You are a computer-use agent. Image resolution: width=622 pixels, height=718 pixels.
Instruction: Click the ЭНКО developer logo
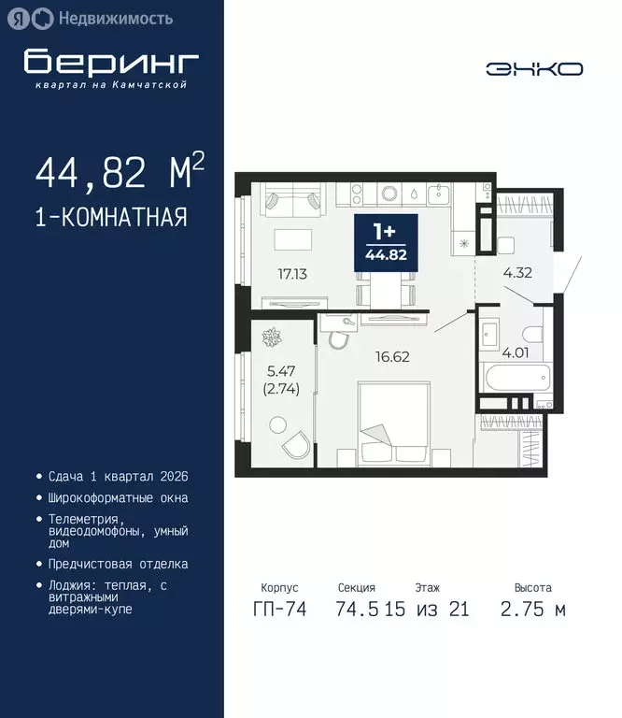pos(534,68)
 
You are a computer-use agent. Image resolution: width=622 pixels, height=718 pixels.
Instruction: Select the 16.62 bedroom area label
pos(392,356)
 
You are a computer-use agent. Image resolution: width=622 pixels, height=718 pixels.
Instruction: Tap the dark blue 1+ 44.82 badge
pos(385,244)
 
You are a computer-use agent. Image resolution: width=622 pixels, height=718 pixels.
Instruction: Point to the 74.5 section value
pos(357,610)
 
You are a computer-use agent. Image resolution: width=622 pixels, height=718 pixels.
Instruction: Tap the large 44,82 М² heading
pos(120,173)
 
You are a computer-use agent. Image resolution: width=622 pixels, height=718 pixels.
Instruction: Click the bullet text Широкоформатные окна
pos(119,498)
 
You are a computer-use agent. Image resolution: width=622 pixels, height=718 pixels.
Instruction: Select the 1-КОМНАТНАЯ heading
pos(110,218)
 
